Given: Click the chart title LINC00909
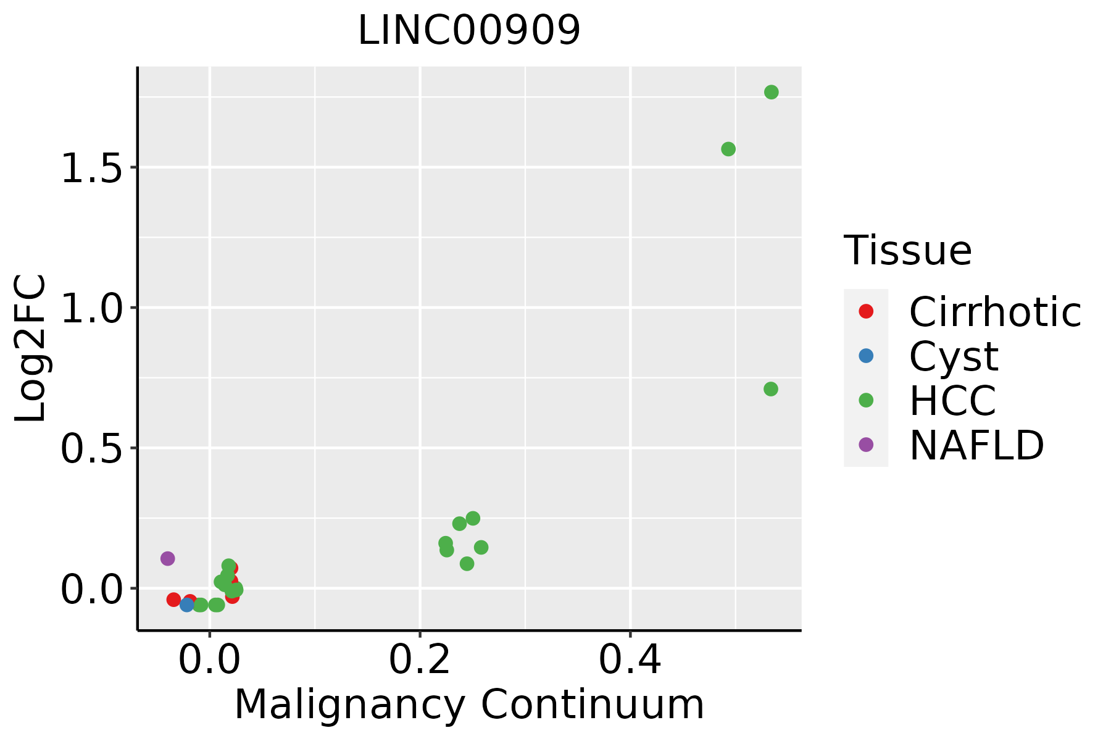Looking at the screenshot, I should (469, 31).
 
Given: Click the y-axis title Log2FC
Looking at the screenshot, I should (31, 349).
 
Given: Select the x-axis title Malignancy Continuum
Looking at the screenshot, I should (469, 705).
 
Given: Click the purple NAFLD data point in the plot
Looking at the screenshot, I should (167, 559).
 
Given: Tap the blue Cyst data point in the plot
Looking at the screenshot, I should (187, 605).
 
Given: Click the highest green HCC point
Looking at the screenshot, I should (771, 92).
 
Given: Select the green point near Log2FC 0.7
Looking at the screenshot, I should (770, 389).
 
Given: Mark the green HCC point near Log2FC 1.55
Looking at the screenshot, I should (728, 149).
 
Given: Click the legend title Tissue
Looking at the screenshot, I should (907, 251).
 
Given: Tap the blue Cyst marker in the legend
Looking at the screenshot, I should (866, 356).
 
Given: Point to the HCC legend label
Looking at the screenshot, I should (952, 400).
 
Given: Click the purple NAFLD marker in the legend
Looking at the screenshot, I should (866, 444).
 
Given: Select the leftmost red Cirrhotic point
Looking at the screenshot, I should (173, 600).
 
